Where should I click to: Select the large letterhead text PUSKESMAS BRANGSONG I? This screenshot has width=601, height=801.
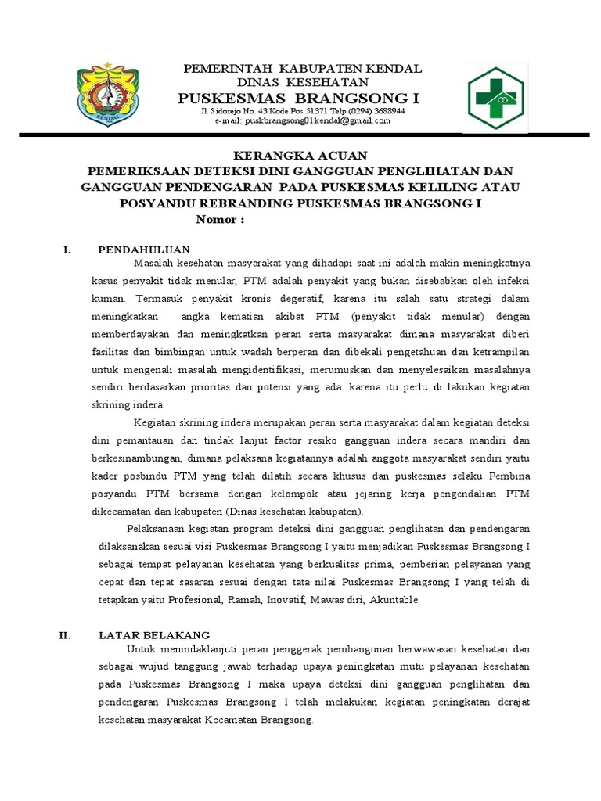coord(299,99)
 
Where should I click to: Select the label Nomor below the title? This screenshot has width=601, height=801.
coord(220,220)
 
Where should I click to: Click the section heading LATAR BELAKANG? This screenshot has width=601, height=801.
coord(154,635)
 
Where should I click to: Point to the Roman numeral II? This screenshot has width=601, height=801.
coord(65,635)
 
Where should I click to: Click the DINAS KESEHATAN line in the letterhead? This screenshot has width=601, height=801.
coord(302,82)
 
